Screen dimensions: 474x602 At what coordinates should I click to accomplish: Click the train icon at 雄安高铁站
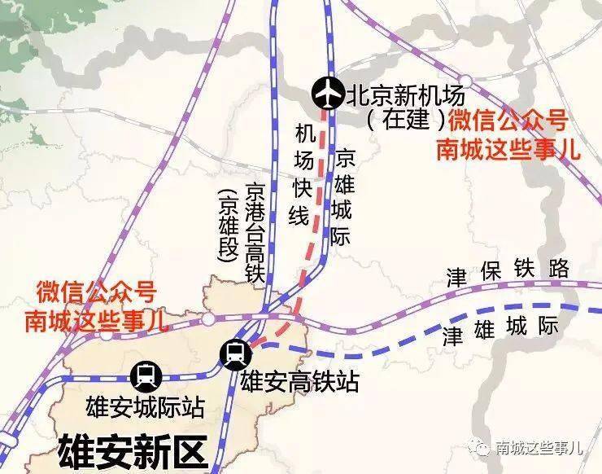(x=236, y=353)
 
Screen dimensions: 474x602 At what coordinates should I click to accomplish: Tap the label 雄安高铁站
(x=299, y=380)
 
